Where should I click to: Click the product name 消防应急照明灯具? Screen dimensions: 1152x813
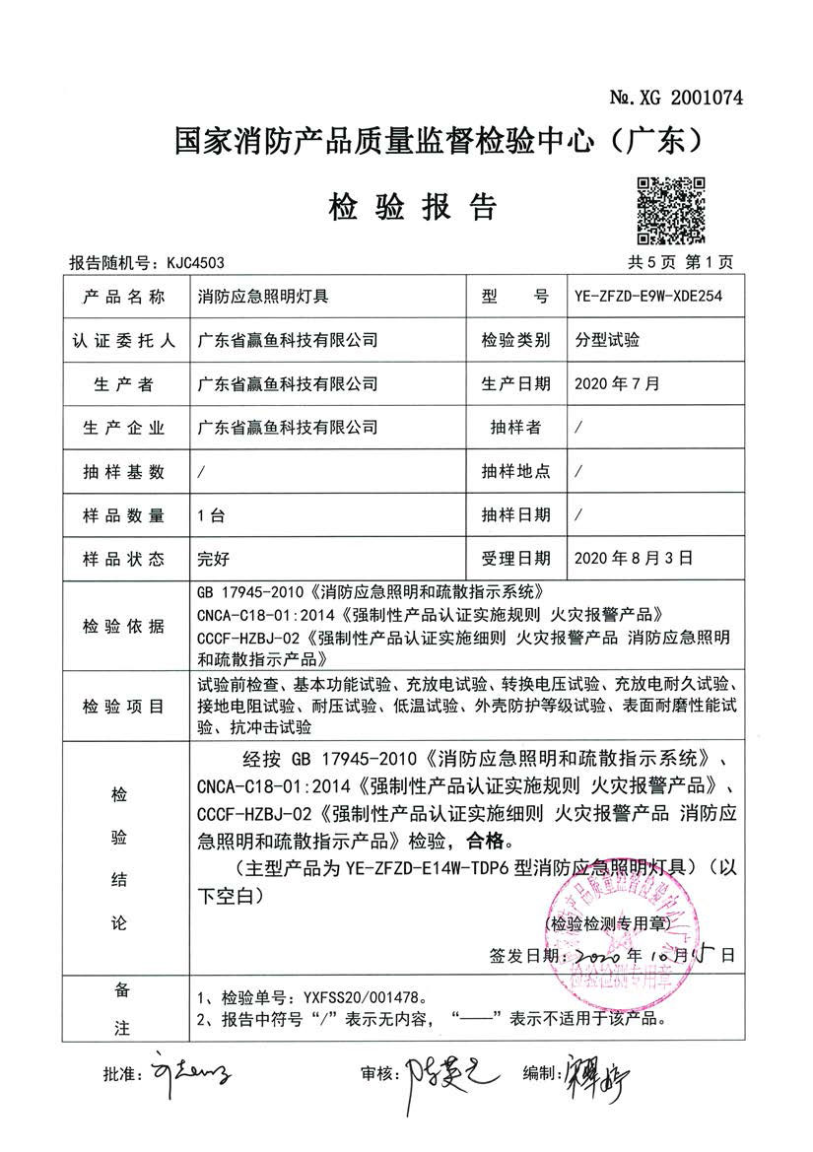click(x=263, y=296)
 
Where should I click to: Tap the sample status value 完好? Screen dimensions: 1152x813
click(x=214, y=558)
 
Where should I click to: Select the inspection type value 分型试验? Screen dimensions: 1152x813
click(x=608, y=340)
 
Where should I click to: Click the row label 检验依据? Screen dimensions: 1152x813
click(x=124, y=626)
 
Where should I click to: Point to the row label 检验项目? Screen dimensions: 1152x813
click(x=124, y=708)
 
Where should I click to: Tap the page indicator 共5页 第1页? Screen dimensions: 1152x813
click(x=681, y=262)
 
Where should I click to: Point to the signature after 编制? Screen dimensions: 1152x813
click(x=591, y=1070)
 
